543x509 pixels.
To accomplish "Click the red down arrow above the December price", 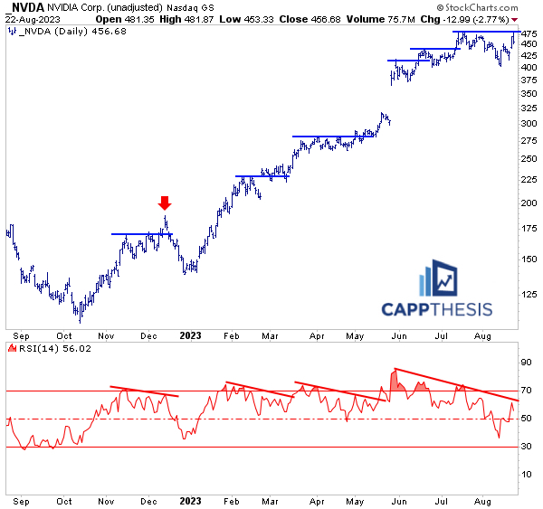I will click(164, 203).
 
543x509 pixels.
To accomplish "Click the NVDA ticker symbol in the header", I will click(24, 7).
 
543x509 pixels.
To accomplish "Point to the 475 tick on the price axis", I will click(529, 33).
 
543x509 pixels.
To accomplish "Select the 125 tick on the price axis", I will click(529, 294).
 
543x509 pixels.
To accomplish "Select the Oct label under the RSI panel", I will click(63, 500).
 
